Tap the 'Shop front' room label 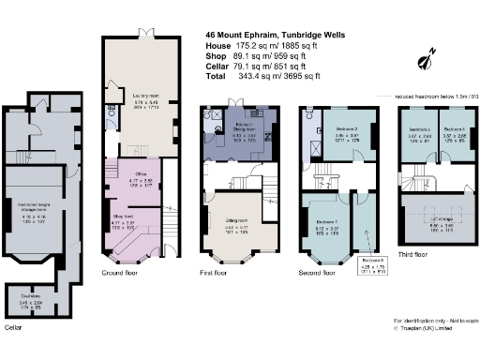tap(126, 221)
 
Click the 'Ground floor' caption tap(120, 272)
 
